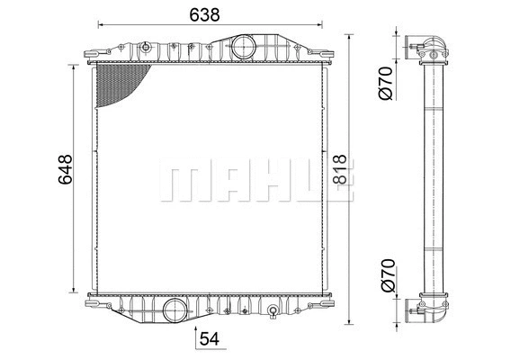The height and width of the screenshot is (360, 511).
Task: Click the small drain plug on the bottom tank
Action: [273, 312]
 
